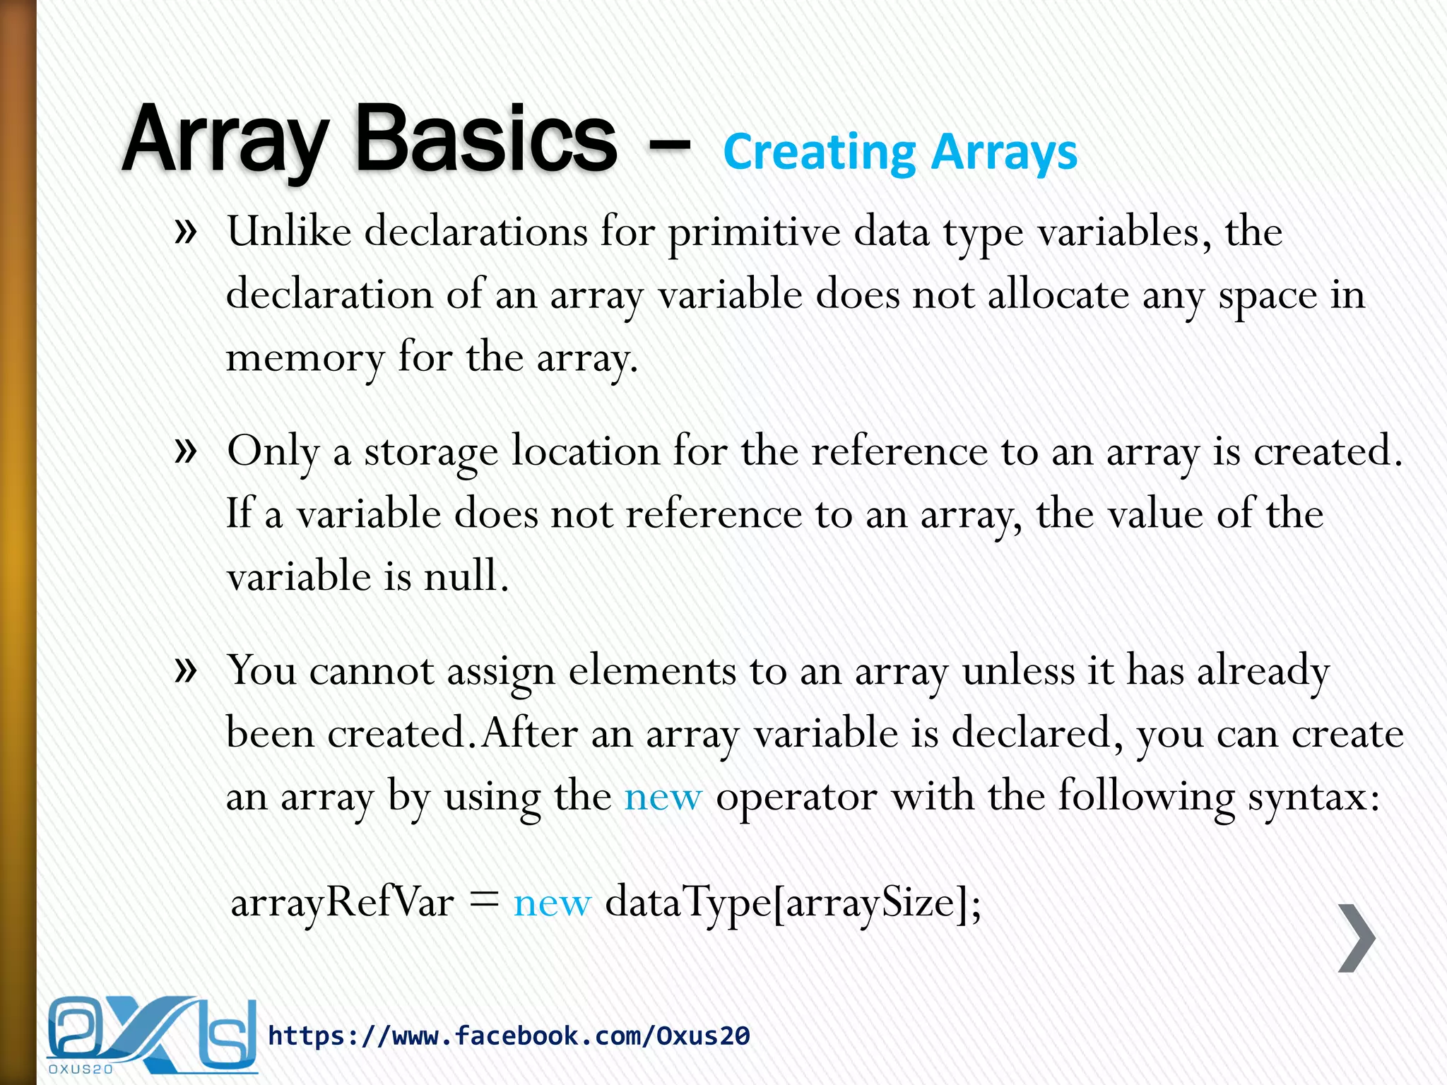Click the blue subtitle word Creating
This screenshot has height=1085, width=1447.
pyautogui.click(x=819, y=153)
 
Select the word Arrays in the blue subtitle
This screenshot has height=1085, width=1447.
pyautogui.click(x=1004, y=153)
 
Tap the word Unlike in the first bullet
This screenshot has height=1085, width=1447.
pyautogui.click(x=289, y=232)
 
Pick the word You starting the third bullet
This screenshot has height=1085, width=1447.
pyautogui.click(x=261, y=670)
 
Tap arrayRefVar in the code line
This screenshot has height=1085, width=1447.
pyautogui.click(x=342, y=903)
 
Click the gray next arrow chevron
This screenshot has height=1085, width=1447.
pyautogui.click(x=1357, y=937)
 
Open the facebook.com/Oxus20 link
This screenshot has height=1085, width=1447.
pyautogui.click(x=509, y=1036)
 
